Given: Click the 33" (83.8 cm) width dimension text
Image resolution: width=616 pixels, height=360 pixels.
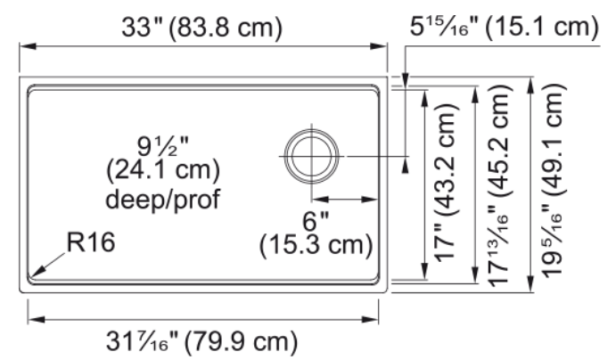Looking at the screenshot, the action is click(201, 28).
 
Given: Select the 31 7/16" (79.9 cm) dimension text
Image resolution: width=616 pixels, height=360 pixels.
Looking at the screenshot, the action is click(201, 341).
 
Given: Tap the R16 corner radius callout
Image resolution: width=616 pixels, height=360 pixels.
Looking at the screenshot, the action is click(91, 241).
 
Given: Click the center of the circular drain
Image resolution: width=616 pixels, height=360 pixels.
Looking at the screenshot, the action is click(311, 156).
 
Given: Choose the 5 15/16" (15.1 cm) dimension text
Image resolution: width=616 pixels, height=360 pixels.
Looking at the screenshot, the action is click(505, 28).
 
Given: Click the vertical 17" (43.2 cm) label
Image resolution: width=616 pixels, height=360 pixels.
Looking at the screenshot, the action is click(445, 184).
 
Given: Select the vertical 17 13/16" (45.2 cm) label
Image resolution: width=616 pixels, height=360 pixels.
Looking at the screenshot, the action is click(499, 184).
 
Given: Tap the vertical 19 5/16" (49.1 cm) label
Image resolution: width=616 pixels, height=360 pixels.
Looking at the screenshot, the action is click(553, 182).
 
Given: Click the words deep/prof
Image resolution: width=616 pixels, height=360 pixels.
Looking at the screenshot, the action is click(162, 199).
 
